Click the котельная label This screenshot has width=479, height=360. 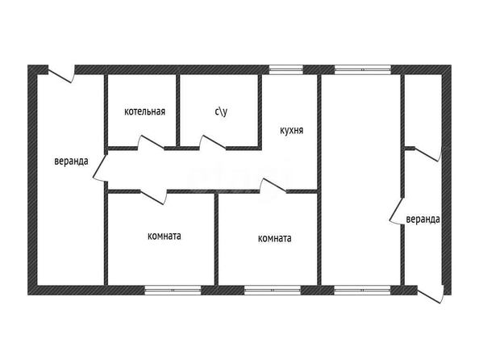pos(144,111)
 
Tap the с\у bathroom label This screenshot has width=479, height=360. pos(221,111)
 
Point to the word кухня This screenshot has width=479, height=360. pos(291,130)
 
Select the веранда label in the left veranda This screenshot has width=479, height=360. pos(71,161)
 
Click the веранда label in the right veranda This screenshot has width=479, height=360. pos(423,219)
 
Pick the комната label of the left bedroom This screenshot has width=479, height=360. pos(164,236)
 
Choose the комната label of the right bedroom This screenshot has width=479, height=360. pos(275,238)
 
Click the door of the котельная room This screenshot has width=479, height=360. pos(152,143)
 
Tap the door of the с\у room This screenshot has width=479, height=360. pos(213,143)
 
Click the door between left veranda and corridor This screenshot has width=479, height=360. pos(100,167)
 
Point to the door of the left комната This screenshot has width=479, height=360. pos(153,197)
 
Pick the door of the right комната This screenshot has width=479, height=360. pos(273,186)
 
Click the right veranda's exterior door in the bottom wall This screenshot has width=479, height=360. pos(430,295)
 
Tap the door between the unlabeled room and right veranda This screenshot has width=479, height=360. pos(397,211)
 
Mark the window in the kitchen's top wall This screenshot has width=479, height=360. pos(286,69)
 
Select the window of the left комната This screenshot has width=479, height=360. pos(173,290)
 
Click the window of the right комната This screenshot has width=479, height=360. pos(273,290)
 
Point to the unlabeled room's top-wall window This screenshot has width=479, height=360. pos(363,69)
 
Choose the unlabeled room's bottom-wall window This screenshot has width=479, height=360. pos(362,290)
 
